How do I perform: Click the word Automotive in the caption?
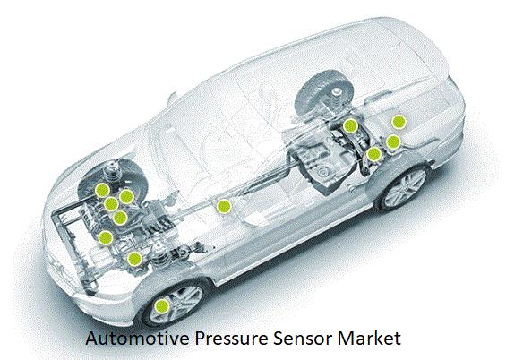138,339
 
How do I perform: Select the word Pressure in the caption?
231,339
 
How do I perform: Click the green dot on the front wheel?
162,306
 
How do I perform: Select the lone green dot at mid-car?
224,207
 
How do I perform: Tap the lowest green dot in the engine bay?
134,259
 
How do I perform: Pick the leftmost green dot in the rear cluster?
350,125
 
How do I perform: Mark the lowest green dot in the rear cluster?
374,154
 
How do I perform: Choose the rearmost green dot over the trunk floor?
399,122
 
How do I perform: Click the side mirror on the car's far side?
173,98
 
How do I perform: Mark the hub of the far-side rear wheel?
337,93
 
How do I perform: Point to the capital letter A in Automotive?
91,339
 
